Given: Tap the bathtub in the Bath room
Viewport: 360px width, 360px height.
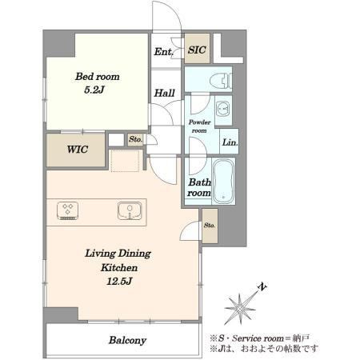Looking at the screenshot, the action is (x=224, y=181).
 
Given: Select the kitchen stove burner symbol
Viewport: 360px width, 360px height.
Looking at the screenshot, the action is (x=68, y=210).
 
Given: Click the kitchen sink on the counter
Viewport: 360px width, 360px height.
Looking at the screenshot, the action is (x=130, y=211).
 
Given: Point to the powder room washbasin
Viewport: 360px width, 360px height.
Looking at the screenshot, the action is (x=223, y=110).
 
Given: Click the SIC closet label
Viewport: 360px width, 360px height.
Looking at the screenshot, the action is (x=197, y=50).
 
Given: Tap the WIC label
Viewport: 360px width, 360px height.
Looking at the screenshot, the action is (x=78, y=150).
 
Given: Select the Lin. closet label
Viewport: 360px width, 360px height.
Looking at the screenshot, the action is (x=230, y=142).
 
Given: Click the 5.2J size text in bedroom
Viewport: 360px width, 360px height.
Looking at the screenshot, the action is (x=94, y=90).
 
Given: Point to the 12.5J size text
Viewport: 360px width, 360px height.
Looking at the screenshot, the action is (x=119, y=282).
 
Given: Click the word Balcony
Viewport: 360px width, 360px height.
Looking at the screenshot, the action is (x=127, y=341).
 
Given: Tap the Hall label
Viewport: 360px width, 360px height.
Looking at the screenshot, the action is (x=165, y=94).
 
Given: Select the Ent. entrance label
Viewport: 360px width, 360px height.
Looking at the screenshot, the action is (x=163, y=52).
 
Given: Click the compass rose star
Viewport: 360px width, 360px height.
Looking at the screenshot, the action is (x=240, y=309).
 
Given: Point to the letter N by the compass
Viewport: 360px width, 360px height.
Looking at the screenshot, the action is (x=262, y=287).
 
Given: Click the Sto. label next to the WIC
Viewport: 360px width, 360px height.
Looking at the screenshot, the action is (x=135, y=139).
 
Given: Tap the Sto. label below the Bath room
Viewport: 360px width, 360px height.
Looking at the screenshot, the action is (x=210, y=226).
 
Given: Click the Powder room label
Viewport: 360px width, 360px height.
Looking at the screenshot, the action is (x=199, y=126).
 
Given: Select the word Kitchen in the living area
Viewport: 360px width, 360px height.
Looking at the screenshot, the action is (x=119, y=267).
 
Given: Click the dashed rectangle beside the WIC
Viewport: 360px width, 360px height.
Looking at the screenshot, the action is (x=125, y=161).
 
